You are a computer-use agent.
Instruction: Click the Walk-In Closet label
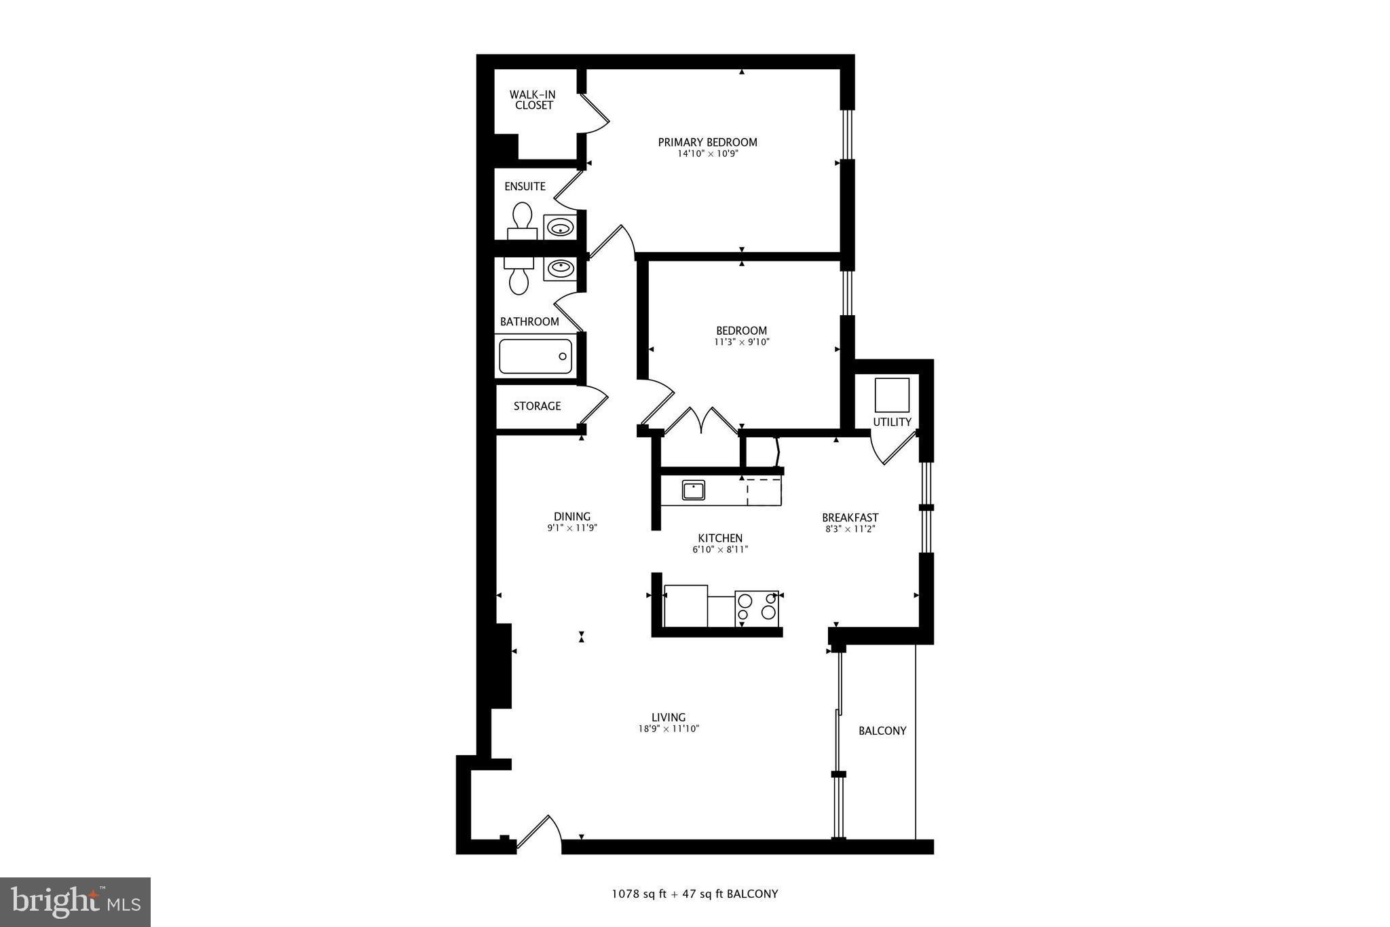coord(533,100)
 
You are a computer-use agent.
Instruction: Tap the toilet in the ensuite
coord(522,220)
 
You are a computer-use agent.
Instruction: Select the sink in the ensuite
coord(560,226)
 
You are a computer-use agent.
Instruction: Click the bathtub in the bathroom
coord(536,357)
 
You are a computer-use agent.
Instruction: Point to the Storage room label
coord(537,406)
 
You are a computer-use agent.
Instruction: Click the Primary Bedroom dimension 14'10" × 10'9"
coord(707,153)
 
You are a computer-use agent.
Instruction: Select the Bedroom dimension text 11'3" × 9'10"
coord(741,342)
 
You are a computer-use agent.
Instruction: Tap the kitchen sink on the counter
coord(693,490)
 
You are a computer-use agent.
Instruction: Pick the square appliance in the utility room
coord(891,395)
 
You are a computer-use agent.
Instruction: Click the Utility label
coord(892,422)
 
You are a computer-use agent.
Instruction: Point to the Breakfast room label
coord(850,517)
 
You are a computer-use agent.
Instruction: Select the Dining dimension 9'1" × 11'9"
coord(572,528)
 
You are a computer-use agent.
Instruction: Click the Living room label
coord(669,717)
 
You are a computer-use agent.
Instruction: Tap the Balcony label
coord(882,731)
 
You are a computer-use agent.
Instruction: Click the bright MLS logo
coord(75,902)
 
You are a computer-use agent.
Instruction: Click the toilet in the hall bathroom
coord(519,277)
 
